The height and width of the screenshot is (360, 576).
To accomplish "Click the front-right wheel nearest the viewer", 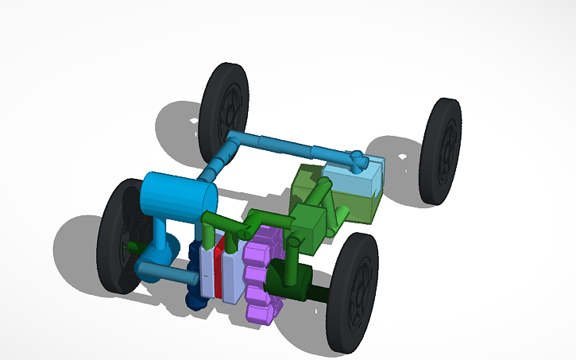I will click(x=354, y=292).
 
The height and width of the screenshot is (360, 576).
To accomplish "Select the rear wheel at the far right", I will click(x=441, y=151).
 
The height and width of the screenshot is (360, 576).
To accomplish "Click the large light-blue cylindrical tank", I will click(x=178, y=199).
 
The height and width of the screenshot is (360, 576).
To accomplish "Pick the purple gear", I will click(x=261, y=274).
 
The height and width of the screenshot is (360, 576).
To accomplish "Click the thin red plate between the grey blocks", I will click(x=218, y=271).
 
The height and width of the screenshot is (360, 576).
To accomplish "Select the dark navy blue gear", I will click(x=195, y=274).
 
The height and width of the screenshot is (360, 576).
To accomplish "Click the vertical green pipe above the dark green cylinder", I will click(x=292, y=255).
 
